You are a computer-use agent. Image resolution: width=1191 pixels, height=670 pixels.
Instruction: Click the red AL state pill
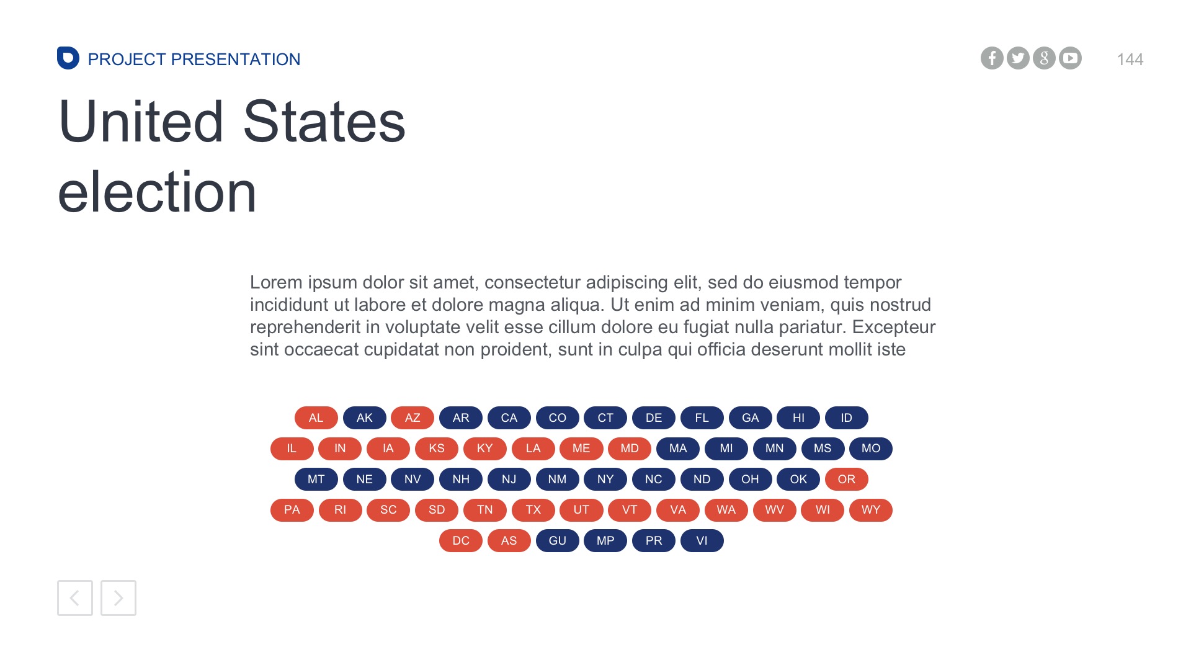(x=316, y=418)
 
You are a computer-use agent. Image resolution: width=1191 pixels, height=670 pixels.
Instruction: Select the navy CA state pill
(x=509, y=418)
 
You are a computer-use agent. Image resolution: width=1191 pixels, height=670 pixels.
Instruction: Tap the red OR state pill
(x=847, y=480)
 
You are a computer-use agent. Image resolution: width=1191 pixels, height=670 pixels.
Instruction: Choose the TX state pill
(x=533, y=510)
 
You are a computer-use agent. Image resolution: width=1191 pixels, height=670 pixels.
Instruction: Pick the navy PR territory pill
(x=654, y=541)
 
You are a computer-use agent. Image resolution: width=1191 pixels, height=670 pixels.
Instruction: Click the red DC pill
(x=461, y=541)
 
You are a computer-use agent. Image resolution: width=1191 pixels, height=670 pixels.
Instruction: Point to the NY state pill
(x=605, y=480)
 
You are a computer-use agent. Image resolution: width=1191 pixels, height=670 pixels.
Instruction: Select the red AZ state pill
(x=413, y=418)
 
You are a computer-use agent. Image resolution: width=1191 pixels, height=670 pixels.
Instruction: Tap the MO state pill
(x=871, y=449)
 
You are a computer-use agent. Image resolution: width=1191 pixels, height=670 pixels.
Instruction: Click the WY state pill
(x=871, y=510)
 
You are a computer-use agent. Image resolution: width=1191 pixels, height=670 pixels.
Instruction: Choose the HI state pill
(x=798, y=418)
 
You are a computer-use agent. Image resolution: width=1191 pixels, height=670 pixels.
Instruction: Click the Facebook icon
(x=992, y=58)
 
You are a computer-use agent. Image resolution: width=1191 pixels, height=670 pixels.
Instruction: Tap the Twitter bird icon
(x=1018, y=58)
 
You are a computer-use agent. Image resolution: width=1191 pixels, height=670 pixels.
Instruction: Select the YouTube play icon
(x=1070, y=58)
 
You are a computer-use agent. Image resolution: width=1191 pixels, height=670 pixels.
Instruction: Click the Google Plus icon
(x=1044, y=58)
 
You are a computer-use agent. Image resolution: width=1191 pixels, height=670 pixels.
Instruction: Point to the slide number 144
(x=1130, y=60)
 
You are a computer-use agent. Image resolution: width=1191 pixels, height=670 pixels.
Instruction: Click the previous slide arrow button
(x=75, y=598)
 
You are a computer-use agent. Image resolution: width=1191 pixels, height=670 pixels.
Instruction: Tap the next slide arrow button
(x=118, y=598)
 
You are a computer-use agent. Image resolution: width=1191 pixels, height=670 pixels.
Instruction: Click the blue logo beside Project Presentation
(x=68, y=58)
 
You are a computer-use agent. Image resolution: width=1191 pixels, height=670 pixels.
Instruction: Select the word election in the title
(x=158, y=192)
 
